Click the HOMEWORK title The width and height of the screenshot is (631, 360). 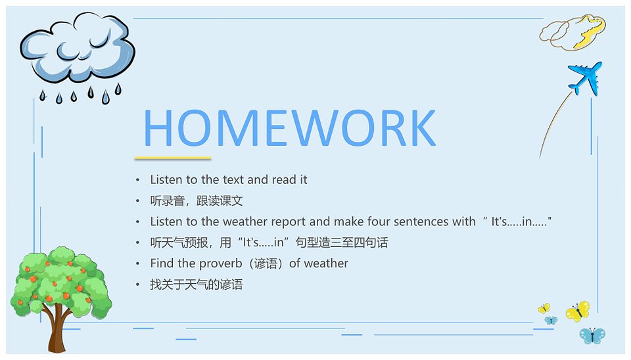289,127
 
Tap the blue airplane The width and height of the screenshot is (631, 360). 585,78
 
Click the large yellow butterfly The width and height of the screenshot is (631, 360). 578,311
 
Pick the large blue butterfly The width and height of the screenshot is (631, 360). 592,336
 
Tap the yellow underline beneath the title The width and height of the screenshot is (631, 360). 173,158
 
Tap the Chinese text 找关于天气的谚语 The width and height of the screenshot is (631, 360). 197,284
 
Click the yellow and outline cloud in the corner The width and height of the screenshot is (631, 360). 573,32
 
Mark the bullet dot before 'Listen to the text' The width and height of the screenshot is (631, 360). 137,180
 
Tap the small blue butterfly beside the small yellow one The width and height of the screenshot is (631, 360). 551,320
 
